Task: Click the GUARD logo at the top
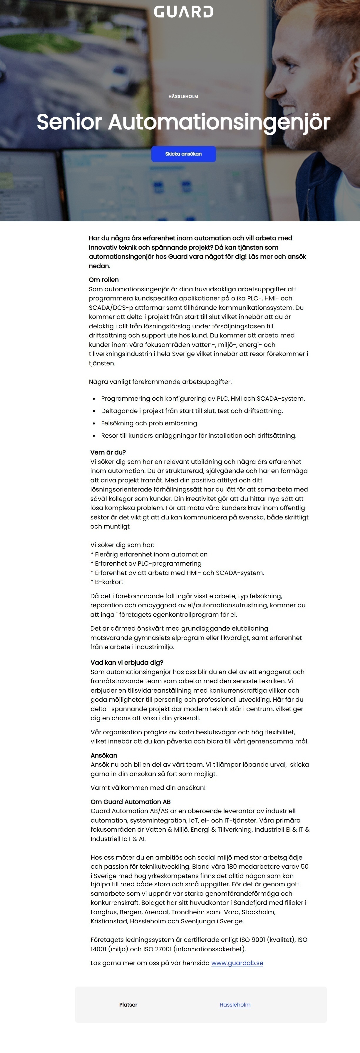(183, 12)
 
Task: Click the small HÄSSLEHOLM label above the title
(183, 96)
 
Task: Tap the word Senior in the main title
(69, 122)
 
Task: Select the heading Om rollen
(104, 280)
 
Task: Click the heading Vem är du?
(108, 452)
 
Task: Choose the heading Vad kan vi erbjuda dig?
(127, 662)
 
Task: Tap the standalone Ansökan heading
(104, 755)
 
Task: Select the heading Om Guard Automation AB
(130, 802)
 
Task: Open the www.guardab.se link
(237, 963)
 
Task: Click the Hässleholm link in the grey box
(235, 1004)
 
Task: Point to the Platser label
(128, 1004)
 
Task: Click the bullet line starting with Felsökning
(150, 423)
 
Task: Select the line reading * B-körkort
(107, 582)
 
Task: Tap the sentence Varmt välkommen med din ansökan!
(148, 787)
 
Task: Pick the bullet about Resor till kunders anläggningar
(199, 435)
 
